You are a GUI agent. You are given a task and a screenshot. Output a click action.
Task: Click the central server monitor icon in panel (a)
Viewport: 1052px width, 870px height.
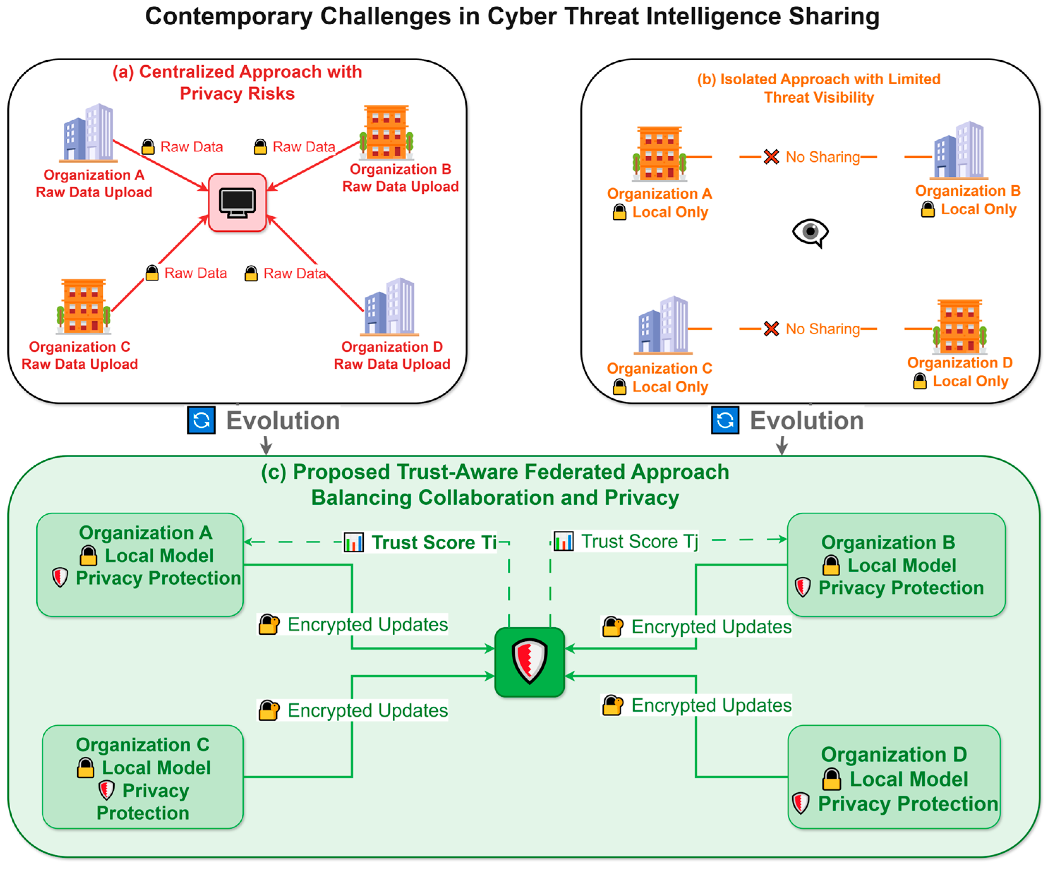[x=237, y=203]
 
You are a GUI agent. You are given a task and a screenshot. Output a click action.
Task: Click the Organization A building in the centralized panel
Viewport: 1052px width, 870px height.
[x=89, y=133]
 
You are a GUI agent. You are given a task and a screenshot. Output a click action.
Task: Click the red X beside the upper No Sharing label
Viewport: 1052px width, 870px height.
[x=771, y=157]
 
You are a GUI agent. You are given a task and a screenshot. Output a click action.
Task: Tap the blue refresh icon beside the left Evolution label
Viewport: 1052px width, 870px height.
[x=201, y=420]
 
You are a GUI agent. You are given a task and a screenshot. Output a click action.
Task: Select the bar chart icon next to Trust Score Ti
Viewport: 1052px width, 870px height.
[x=354, y=542]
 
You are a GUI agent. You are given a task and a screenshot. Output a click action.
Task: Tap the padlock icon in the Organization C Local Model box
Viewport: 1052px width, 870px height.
[x=86, y=767]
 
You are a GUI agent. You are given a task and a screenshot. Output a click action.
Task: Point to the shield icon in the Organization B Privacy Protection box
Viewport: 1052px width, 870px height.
[x=803, y=587]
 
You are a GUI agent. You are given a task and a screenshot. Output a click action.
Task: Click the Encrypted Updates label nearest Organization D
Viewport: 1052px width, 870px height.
[x=711, y=705]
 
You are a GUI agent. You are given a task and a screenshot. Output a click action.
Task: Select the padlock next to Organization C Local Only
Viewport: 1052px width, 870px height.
[x=620, y=387]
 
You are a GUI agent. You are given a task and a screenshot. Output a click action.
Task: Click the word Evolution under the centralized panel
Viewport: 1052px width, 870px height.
[x=283, y=420]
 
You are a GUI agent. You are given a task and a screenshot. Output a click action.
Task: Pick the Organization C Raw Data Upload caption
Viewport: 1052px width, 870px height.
[x=80, y=355]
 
